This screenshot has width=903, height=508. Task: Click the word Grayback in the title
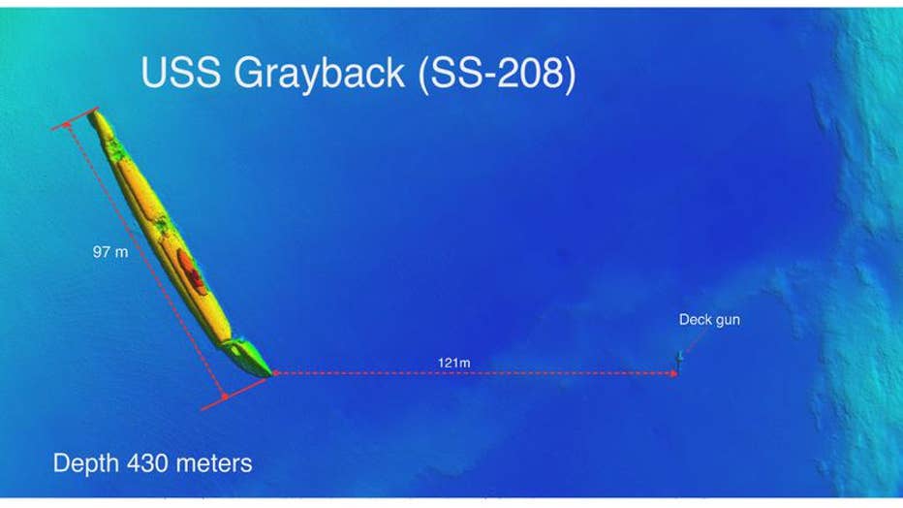coord(319,75)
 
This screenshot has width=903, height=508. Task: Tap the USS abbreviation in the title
coord(180,72)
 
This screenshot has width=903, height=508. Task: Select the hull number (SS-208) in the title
coord(496,75)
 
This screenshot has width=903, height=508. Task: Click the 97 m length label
coord(110,252)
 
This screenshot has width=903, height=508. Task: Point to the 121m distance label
coord(453,363)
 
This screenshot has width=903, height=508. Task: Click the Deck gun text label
coord(709,320)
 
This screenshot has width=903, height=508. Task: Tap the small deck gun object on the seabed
coord(680,360)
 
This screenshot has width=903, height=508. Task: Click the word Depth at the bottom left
coord(86,463)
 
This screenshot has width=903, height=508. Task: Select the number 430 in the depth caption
coord(147,463)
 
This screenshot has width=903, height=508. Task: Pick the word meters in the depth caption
coord(214,463)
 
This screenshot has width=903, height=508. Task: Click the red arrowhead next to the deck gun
coord(673,374)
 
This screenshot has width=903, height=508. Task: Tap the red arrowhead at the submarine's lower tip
coord(276,373)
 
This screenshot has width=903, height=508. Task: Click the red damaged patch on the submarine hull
coord(190,269)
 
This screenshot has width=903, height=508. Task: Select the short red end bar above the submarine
coord(75,118)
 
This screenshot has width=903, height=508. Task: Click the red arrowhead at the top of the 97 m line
coord(68,124)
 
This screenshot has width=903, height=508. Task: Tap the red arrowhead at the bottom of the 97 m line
coord(225,396)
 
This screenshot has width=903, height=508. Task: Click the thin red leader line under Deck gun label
coord(695,341)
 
